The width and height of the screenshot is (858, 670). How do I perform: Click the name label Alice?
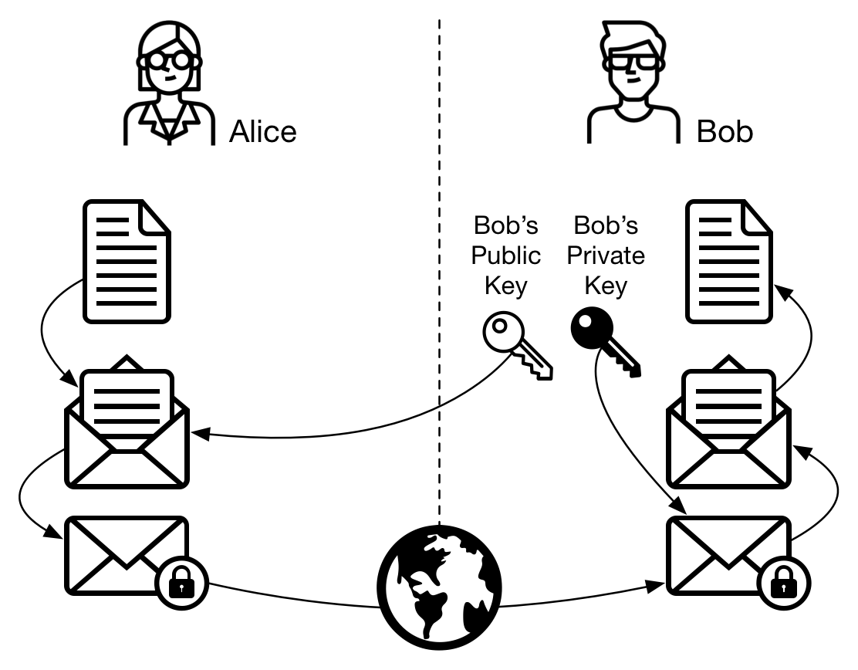coord(262,131)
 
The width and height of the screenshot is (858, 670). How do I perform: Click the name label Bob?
coord(725,131)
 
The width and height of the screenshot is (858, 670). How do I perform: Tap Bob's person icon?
coord(633,82)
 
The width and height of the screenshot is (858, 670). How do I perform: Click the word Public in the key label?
coord(505,255)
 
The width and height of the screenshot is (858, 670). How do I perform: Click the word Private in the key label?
coord(606,255)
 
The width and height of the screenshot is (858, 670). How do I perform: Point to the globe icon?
coord(439,587)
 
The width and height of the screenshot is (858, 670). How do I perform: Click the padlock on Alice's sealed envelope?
coord(181,583)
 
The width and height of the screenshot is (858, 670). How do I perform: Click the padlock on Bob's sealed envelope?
coord(783,583)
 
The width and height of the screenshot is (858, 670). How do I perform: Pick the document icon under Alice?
coord(127,262)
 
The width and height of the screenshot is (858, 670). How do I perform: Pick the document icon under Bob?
coord(729,262)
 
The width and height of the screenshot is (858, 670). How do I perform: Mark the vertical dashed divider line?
coord(439,272)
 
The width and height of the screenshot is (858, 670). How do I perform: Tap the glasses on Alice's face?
coord(169,61)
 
